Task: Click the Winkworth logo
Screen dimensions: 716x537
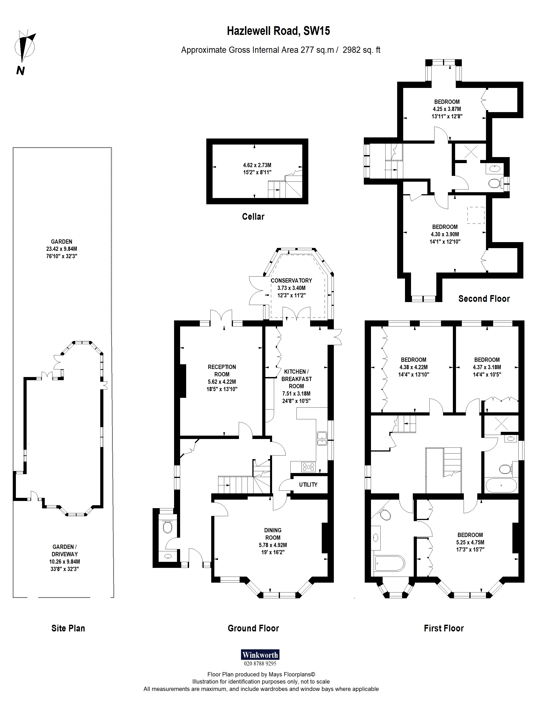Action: [x=260, y=655]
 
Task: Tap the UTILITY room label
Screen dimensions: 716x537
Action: [x=308, y=485]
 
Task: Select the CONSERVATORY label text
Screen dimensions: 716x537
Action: [x=291, y=281]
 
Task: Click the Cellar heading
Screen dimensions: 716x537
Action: [x=253, y=217]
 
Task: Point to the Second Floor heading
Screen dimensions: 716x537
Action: [x=484, y=298]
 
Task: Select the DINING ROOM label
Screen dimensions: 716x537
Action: [x=273, y=534]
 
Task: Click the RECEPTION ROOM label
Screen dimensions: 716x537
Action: [x=222, y=370]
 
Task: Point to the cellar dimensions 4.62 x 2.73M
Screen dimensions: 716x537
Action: [x=257, y=165]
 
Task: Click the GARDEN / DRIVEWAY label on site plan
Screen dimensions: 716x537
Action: [x=65, y=550]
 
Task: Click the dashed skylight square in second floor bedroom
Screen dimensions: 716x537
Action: [x=475, y=215]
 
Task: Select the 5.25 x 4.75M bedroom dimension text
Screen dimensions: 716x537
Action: [x=470, y=542]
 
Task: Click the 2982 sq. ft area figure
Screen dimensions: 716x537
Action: [x=361, y=50]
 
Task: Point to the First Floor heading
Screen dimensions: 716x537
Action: [x=444, y=628]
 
